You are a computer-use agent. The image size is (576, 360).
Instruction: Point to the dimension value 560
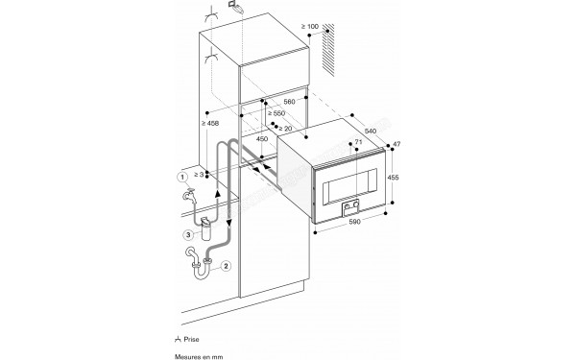290,99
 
